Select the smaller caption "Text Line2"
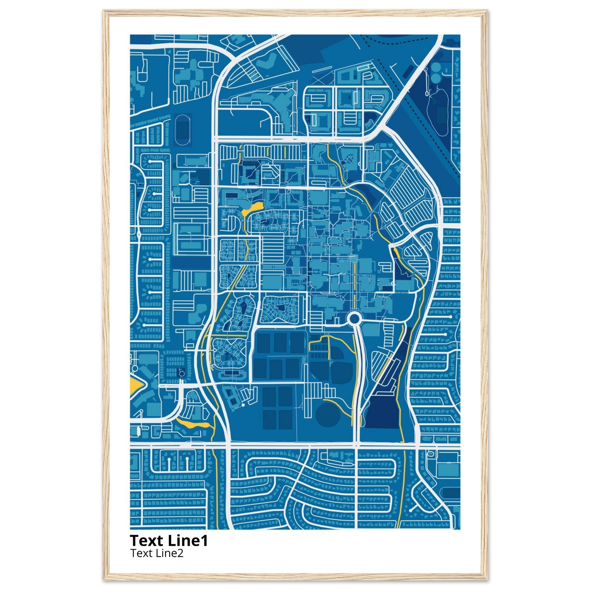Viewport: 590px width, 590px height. pyautogui.click(x=157, y=553)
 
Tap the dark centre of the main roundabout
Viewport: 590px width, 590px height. pyautogui.click(x=354, y=319)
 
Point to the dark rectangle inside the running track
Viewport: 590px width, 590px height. pyautogui.click(x=183, y=130)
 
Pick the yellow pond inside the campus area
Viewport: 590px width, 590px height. pyautogui.click(x=252, y=208)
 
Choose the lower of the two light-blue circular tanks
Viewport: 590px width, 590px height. pyautogui.click(x=436, y=78)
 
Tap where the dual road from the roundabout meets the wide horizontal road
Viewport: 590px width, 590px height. pyautogui.click(x=356, y=446)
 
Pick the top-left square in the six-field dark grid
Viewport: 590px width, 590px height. pyautogui.click(x=263, y=343)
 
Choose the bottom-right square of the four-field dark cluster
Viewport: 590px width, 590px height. pyautogui.click(x=285, y=419)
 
